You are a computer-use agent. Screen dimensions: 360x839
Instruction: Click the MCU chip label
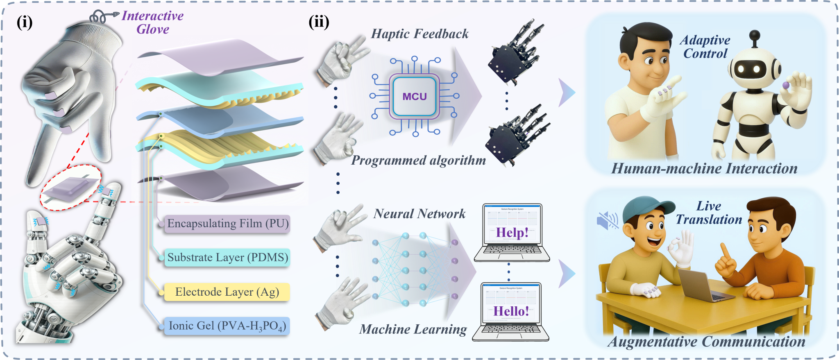(x=415, y=97)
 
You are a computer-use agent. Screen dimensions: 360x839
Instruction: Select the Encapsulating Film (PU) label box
(x=227, y=224)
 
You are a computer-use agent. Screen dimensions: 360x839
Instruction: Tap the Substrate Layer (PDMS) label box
(x=227, y=258)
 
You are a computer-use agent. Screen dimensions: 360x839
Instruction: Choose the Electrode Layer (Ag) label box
(x=227, y=292)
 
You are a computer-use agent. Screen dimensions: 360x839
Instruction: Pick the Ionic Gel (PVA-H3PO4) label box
(x=227, y=326)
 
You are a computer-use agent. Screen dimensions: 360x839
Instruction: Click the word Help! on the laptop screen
(x=512, y=233)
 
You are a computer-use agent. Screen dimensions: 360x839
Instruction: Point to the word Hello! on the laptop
(x=511, y=311)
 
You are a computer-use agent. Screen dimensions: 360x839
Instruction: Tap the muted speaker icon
(x=607, y=220)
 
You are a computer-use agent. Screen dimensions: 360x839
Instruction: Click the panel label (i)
(x=25, y=22)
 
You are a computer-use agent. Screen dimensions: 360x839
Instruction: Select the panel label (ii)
(x=319, y=22)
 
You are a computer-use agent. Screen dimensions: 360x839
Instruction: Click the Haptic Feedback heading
(x=419, y=34)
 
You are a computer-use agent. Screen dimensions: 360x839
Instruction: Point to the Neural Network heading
(x=419, y=214)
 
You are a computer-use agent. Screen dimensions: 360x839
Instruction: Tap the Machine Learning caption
(x=413, y=329)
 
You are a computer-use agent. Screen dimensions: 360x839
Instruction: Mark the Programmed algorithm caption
(x=418, y=160)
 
